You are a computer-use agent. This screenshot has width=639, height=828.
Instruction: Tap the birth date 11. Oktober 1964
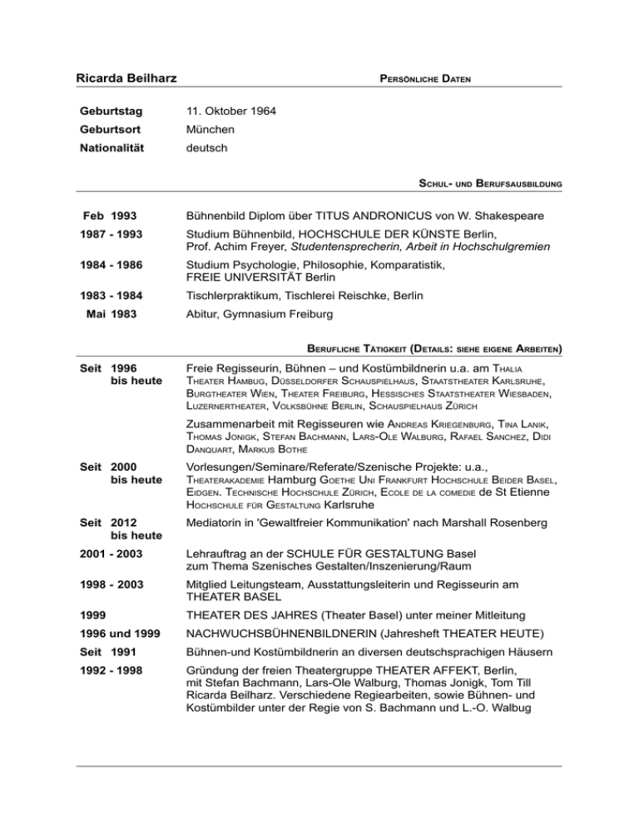point(230,111)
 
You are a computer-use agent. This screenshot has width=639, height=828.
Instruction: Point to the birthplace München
point(210,130)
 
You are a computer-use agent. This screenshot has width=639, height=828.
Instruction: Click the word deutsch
point(207,149)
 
